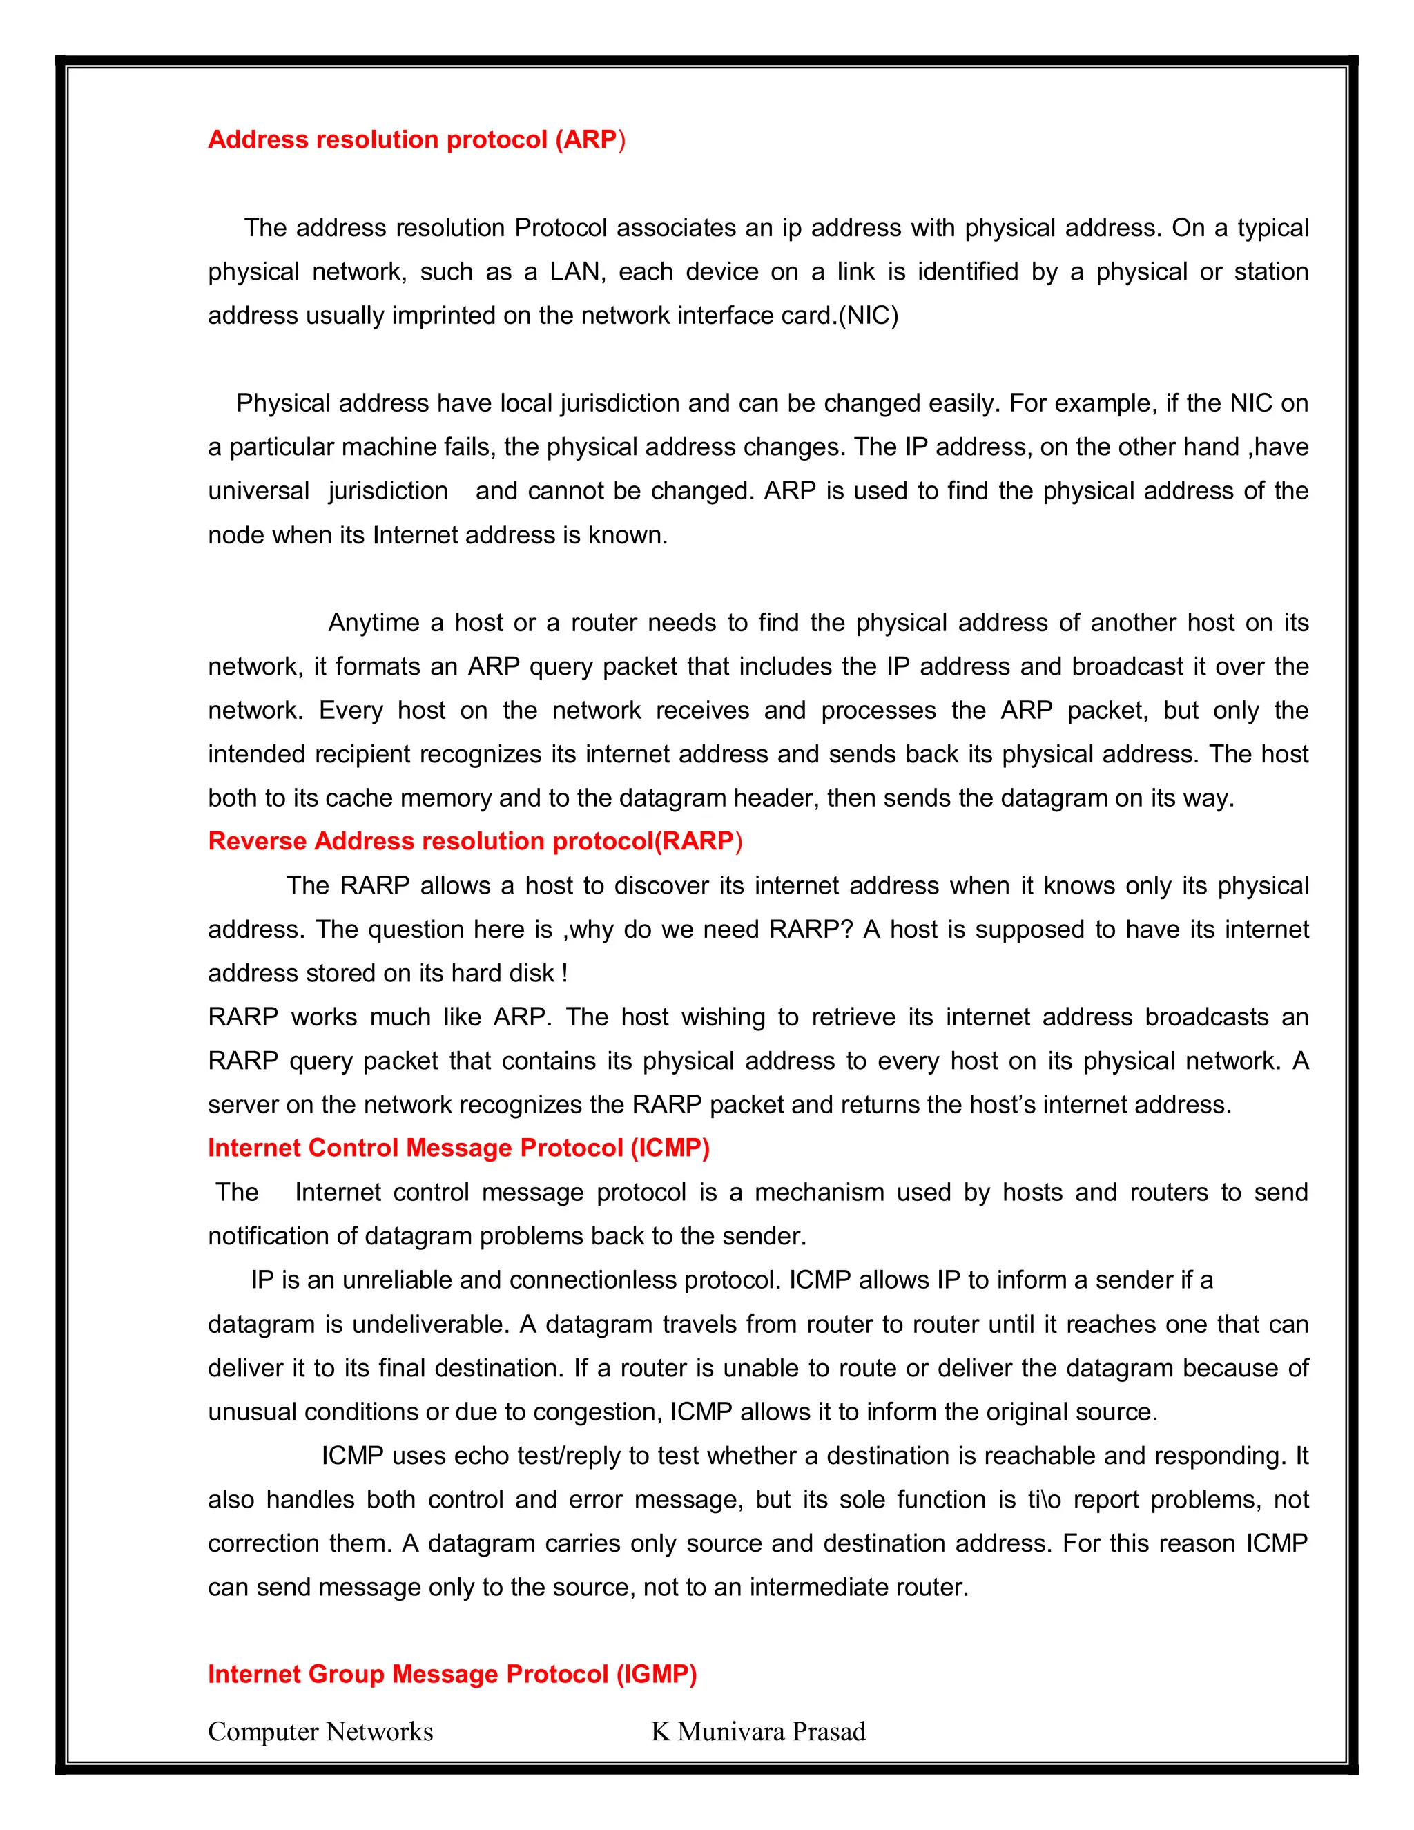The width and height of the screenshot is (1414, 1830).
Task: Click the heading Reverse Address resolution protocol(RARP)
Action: pyautogui.click(x=475, y=840)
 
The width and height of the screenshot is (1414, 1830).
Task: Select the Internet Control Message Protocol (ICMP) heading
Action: pyautogui.click(x=458, y=1147)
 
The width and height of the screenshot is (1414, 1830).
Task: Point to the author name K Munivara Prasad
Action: pyautogui.click(x=758, y=1731)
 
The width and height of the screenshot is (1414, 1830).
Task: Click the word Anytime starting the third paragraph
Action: pyautogui.click(x=374, y=623)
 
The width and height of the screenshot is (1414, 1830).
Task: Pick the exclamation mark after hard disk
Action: pyautogui.click(x=565, y=974)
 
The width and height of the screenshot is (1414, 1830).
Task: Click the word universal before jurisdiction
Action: pyautogui.click(x=259, y=491)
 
